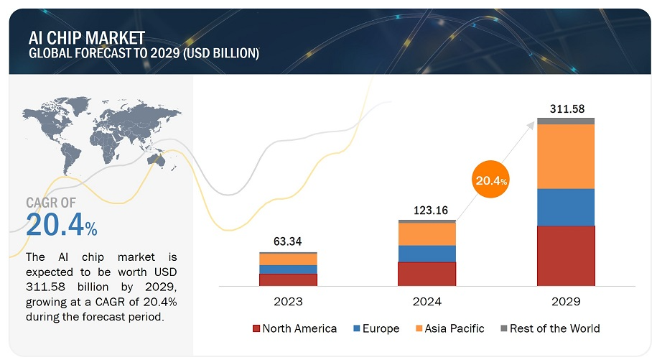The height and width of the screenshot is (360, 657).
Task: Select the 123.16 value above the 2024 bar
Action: [427, 211]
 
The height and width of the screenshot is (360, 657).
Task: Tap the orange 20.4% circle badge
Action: [491, 180]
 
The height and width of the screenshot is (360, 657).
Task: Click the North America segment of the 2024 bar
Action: [427, 274]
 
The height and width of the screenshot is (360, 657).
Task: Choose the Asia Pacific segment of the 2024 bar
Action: [427, 234]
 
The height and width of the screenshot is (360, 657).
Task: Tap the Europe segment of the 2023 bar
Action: [288, 269]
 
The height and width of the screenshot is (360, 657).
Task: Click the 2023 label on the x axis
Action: [288, 302]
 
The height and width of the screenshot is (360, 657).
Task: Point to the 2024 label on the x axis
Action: [427, 302]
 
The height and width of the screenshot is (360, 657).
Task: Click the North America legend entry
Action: [294, 328]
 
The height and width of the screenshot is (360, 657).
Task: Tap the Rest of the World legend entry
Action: [549, 328]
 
